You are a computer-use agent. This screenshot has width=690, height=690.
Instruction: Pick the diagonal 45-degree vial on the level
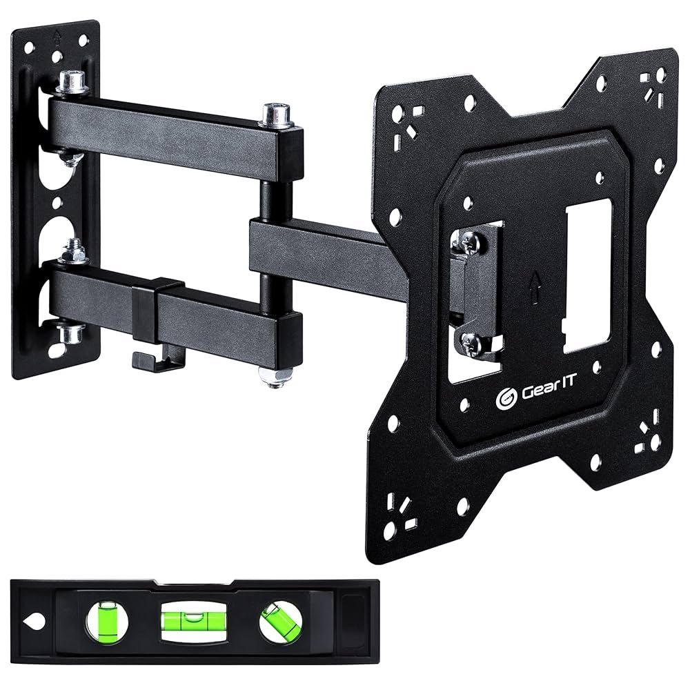[x=280, y=622]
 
